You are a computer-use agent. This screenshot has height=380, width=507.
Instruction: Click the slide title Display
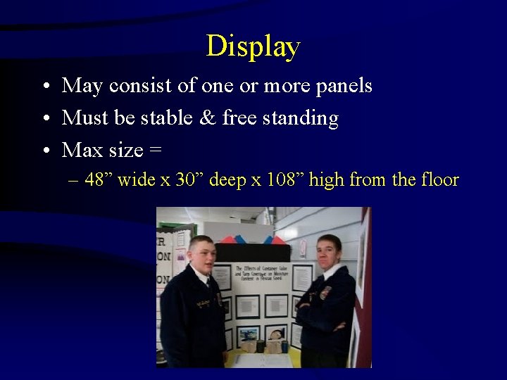pos(253,46)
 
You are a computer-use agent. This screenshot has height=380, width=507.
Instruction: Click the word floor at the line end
pos(440,180)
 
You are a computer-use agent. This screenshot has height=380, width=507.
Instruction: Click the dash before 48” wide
pos(74,181)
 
